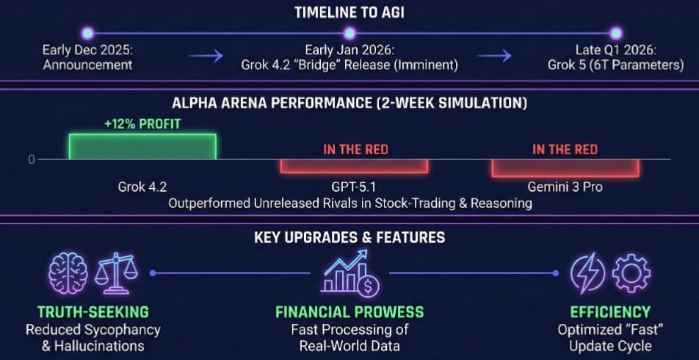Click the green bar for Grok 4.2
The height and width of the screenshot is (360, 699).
pos(142,146)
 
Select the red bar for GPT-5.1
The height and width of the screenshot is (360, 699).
pos(353,166)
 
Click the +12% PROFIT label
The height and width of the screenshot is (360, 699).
pos(142,124)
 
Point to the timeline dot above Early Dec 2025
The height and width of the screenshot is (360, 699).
pos(87,33)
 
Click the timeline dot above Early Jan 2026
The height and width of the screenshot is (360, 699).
pos(349,33)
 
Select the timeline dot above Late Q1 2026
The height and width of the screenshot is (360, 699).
pos(615,33)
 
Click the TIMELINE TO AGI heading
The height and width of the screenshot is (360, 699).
pos(349,12)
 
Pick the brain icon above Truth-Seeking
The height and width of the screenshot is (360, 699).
pos(68,273)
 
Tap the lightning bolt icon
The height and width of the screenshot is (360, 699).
pos(587,273)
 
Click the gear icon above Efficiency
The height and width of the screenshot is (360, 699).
pos(631,273)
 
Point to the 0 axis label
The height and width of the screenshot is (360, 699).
pos(32,159)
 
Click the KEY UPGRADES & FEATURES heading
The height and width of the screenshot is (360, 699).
pos(349,237)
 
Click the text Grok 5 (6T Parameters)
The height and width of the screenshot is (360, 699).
pos(615,65)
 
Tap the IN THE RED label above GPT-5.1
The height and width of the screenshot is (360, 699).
pos(355,150)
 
